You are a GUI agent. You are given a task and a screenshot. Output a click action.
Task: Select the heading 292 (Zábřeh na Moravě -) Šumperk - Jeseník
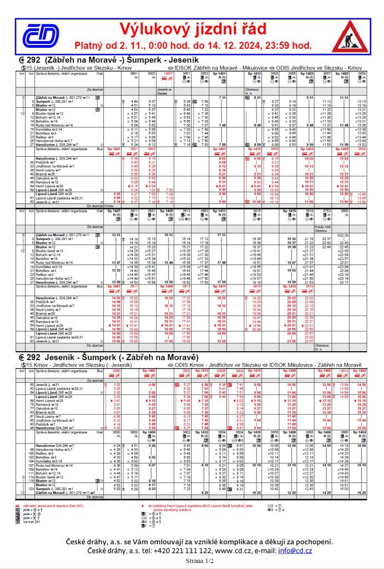click(x=102, y=60)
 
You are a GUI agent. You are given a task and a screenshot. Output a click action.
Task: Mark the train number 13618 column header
click(x=343, y=370)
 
